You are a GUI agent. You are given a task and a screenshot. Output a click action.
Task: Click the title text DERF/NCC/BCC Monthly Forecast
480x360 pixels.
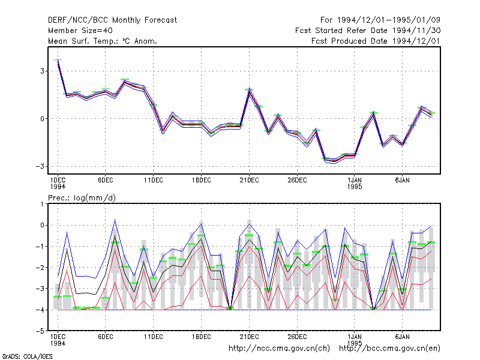pos(112,20)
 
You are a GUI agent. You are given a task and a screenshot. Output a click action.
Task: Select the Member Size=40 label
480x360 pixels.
pos(80,31)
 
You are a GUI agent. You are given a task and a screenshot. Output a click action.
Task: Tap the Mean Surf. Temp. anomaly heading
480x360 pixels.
pos(102,41)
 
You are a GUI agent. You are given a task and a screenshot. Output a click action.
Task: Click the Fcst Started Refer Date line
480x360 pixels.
pos(368,31)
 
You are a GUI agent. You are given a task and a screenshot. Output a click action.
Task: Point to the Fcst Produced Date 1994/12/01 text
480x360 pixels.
pos(376,41)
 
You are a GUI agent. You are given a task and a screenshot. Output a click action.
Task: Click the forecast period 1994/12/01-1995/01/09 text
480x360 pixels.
pos(380,20)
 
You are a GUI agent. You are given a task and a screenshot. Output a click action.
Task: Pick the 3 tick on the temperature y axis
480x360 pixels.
pos(42,71)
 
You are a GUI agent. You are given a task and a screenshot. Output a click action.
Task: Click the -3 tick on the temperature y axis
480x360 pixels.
pos(40,167)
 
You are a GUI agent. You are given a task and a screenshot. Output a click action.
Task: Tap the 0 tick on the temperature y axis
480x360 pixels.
pos(42,119)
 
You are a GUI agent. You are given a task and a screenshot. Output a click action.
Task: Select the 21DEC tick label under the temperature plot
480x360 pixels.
pos(249,181)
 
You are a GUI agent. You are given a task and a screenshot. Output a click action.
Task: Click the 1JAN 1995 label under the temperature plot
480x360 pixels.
pos(355,184)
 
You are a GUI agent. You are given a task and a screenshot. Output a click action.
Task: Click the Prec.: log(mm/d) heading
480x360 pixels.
pos(82,198)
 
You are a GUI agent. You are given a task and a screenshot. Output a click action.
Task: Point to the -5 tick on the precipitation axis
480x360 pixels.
pos(40,331)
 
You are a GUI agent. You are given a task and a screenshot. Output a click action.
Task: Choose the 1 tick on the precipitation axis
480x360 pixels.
pos(42,204)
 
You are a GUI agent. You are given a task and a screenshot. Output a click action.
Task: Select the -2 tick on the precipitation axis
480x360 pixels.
pos(40,268)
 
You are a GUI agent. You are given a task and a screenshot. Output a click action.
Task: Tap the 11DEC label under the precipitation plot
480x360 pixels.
pos(154,337)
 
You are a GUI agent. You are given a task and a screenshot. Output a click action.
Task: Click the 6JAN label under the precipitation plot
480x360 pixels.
pos(402,337)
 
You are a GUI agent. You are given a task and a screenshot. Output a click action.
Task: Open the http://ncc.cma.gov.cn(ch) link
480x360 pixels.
pos(279,349)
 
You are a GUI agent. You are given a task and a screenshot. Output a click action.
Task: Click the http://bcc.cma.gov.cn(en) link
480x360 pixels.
pos(389,349)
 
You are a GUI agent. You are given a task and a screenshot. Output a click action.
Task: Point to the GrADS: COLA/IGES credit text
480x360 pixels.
pos(27,356)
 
